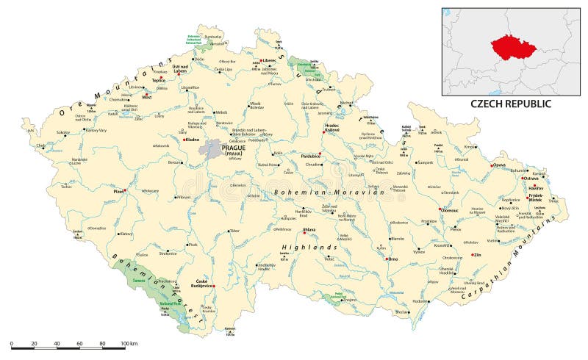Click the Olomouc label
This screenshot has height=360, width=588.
(449, 211)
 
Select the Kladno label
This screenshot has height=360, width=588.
(193, 138)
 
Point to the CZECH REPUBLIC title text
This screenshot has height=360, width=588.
(511, 104)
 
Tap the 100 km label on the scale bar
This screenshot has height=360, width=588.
(129, 343)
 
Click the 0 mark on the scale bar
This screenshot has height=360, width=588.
(12, 343)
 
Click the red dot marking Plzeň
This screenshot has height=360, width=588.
(126, 191)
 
